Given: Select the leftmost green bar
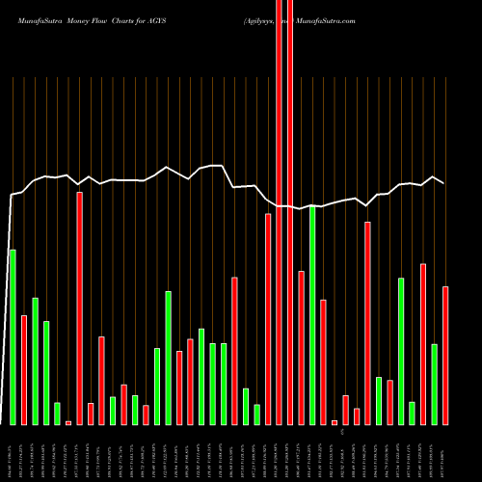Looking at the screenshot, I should point(13,336).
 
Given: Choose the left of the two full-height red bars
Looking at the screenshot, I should point(280,212).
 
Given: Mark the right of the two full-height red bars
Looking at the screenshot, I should point(290,212).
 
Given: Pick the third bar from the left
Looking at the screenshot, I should point(35,361).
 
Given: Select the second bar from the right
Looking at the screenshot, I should point(435,384).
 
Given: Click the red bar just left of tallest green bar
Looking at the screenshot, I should point(302,347).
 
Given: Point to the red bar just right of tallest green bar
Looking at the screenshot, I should point(324,361).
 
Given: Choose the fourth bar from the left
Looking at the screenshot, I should point(46,372).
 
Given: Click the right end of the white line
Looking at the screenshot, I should point(444,183).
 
